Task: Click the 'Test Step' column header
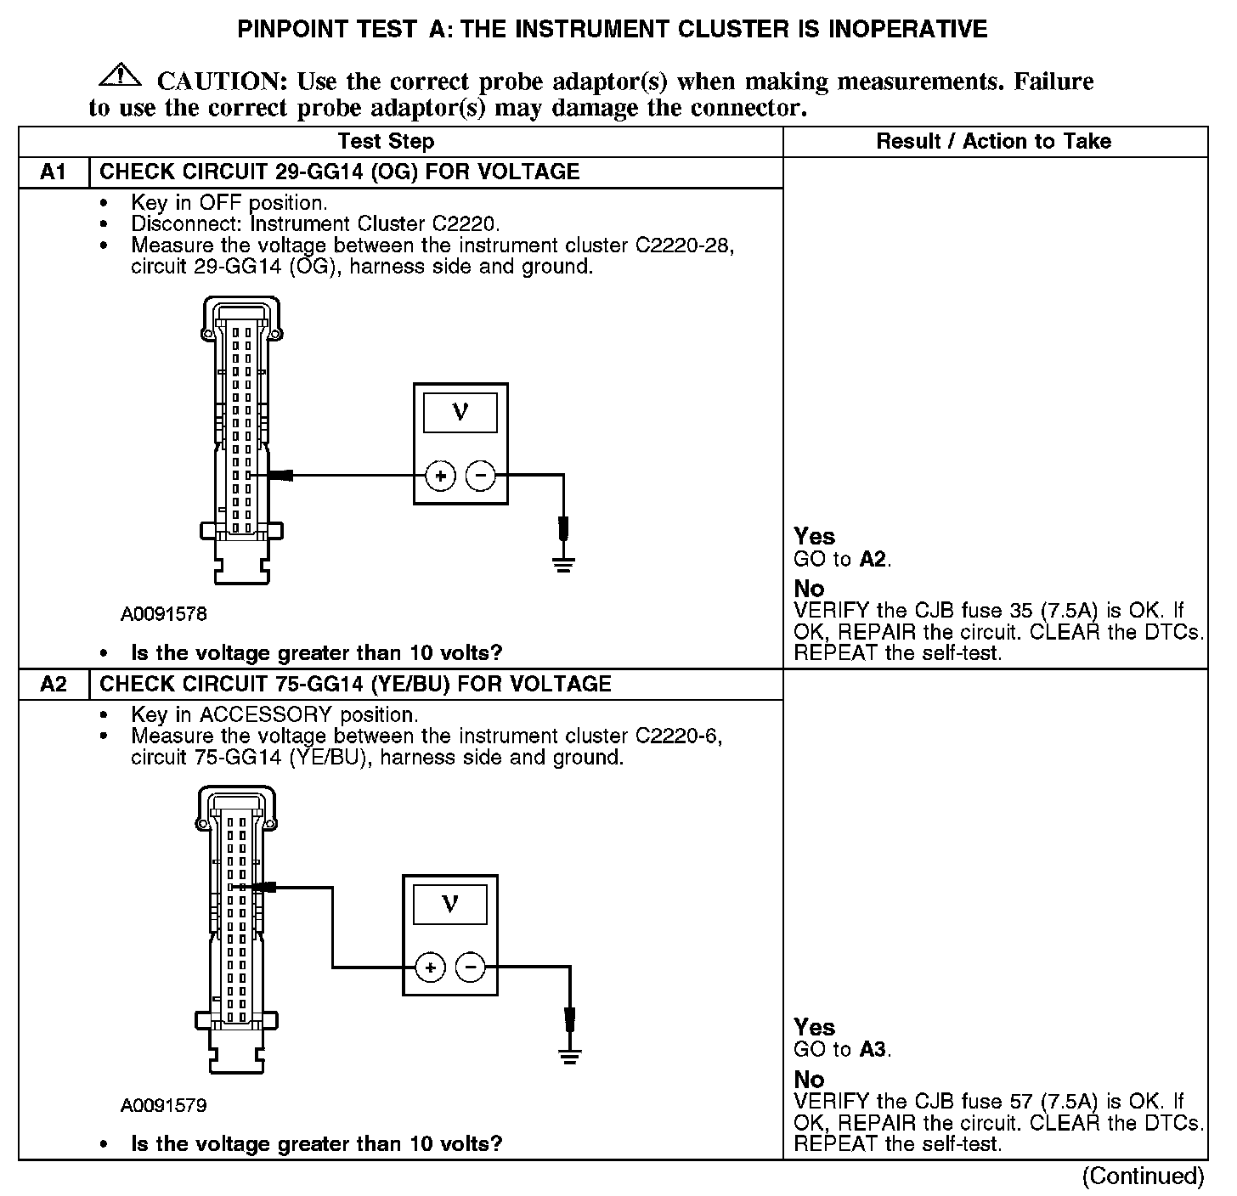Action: pyautogui.click(x=386, y=142)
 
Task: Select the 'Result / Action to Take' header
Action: pyautogui.click(x=993, y=142)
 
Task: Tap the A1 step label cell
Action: pyautogui.click(x=54, y=172)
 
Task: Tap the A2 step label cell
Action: pyautogui.click(x=54, y=685)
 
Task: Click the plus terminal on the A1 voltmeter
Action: pyautogui.click(x=440, y=477)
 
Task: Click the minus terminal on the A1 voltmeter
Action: pyautogui.click(x=481, y=477)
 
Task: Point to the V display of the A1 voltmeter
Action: pyautogui.click(x=460, y=413)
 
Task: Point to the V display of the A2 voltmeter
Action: pyautogui.click(x=450, y=904)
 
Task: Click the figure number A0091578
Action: pyautogui.click(x=164, y=614)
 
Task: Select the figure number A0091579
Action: pyautogui.click(x=164, y=1105)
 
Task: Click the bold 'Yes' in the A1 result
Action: pyautogui.click(x=814, y=537)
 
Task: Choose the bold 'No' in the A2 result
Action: pyautogui.click(x=809, y=1080)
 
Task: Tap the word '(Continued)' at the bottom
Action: pyautogui.click(x=1143, y=1176)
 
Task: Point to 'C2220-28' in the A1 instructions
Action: pyautogui.click(x=684, y=245)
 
